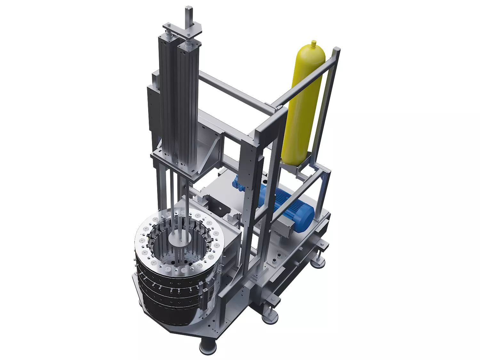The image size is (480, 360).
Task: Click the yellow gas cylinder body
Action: pos(302,106)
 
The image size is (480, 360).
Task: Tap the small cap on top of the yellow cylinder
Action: pos(314,43)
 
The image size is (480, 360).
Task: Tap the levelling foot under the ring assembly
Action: pos(208,347)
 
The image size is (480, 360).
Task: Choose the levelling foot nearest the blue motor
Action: pos(318,262)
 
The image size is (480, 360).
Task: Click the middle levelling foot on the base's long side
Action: pos(270,317)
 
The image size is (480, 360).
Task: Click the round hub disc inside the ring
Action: pos(180,239)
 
